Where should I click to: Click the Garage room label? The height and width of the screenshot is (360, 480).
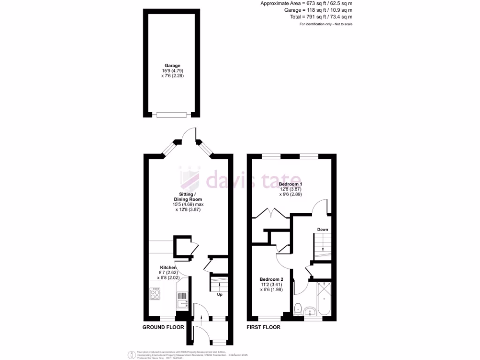(172, 66)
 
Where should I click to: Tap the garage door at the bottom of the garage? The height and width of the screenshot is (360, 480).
(172, 114)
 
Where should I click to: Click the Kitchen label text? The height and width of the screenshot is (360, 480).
(168, 268)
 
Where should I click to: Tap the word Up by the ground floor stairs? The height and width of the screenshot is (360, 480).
(219, 295)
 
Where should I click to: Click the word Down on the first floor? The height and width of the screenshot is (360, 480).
(322, 229)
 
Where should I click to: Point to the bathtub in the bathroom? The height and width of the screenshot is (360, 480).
(324, 299)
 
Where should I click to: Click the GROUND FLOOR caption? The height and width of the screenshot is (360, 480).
(163, 327)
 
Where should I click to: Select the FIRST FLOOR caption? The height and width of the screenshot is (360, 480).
(263, 327)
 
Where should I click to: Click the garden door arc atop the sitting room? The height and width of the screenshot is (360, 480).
(188, 134)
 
